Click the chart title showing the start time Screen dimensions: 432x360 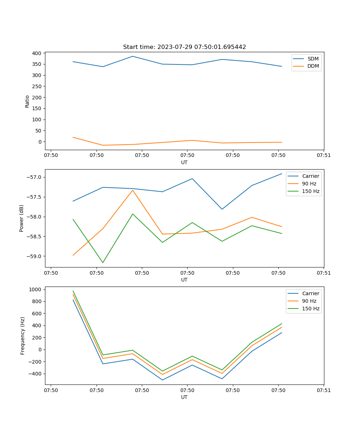(184, 47)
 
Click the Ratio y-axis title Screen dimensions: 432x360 (27, 101)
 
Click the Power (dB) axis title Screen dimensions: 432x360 (22, 218)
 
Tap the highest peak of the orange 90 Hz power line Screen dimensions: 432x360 (132, 190)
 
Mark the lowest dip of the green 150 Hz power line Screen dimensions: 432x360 (103, 262)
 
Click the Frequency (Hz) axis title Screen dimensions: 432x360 (23, 336)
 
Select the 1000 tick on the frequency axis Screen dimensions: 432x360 (36, 289)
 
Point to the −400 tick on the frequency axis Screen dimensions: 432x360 (36, 374)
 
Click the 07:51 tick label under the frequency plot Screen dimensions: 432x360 (324, 390)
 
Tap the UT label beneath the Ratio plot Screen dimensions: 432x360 (184, 162)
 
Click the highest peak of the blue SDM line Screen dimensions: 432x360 (132, 56)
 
